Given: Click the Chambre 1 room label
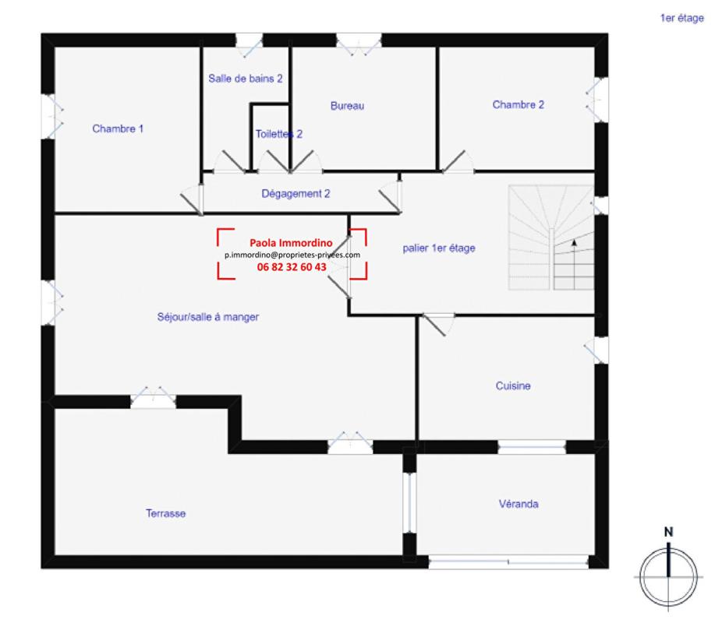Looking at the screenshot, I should coord(118,128).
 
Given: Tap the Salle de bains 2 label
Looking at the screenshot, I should coord(245,79).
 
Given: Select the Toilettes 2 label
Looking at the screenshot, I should coord(278,134).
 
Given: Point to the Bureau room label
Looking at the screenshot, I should coord(347,106).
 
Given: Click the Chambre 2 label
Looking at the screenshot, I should coord(518,104).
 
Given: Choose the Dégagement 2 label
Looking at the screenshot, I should coord(296,193).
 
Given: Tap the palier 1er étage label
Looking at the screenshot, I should coord(439,248).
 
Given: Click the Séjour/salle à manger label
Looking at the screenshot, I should coord(207,317).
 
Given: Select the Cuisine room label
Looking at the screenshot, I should coord(513,385).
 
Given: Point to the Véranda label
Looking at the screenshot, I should coord(518,504).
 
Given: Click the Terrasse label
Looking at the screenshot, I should coord(165,513).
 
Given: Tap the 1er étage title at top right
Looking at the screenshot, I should coord(681,17).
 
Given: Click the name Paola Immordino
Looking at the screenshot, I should coord(291,243).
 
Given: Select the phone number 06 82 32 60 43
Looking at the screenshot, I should coord(292,266).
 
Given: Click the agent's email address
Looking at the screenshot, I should coord(292,255).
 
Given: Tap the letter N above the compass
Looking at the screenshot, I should coord(668,532).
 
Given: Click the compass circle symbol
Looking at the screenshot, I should coord(668,577).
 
